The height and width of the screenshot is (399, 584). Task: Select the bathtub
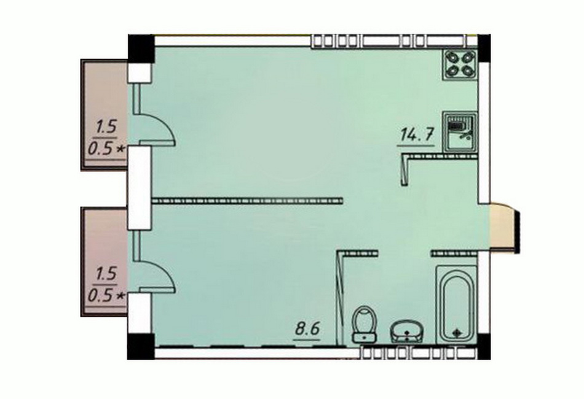(x=456, y=304)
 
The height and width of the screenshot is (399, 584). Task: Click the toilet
(x=365, y=323)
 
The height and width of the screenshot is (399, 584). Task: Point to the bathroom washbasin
(x=407, y=331)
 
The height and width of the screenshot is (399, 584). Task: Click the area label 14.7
(x=416, y=134)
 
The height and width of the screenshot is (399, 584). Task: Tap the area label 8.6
(x=307, y=329)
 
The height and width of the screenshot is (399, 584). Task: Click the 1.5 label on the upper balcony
(x=106, y=128)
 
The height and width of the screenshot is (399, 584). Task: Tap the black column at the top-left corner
(x=141, y=48)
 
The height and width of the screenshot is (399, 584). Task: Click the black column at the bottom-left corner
(x=141, y=346)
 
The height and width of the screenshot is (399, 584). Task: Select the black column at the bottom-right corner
(x=484, y=347)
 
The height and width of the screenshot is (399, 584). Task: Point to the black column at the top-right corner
(x=484, y=48)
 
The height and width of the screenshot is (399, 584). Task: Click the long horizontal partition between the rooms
(x=247, y=201)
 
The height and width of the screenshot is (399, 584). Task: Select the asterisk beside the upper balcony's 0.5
(x=120, y=149)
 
